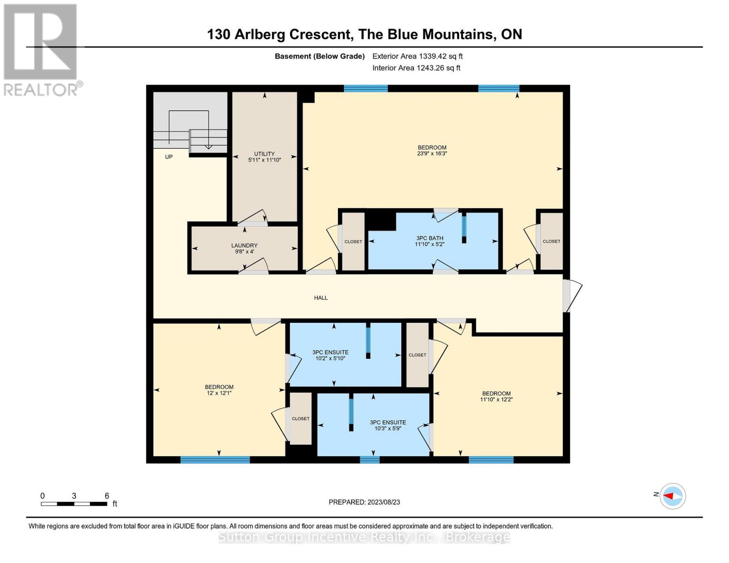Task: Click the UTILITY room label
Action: pos(264,154)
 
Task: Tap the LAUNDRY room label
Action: pos(244,245)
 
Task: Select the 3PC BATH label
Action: pos(430,238)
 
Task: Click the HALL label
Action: pos(321,298)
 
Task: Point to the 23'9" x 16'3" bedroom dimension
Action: pos(432,153)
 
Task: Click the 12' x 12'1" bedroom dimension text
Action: pos(219,393)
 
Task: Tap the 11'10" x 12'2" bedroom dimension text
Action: pos(496,400)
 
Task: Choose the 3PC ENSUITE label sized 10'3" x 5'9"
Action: pos(388,422)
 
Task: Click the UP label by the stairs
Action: pos(169,157)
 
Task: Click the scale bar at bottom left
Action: pos(74,504)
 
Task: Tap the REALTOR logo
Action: pos(41,49)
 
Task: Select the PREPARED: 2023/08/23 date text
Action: pos(364,502)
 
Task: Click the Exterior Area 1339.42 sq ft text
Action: pos(417,56)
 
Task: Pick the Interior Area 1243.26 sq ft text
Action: pos(416,68)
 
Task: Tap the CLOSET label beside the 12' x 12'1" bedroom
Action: pos(300,418)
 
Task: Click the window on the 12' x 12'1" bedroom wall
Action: pos(215,460)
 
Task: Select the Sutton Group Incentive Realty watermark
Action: pos(364,537)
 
